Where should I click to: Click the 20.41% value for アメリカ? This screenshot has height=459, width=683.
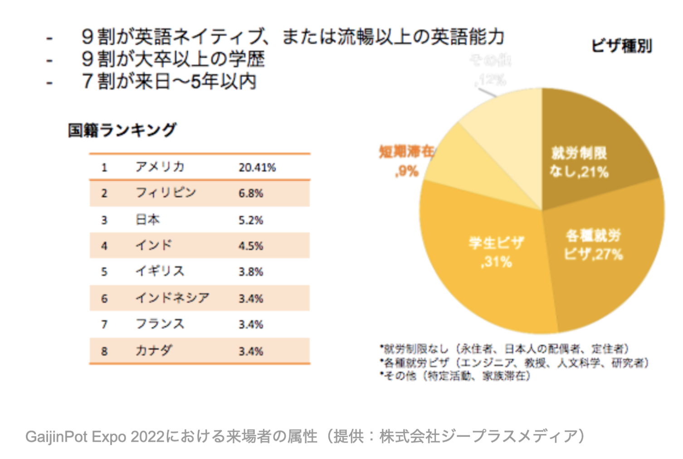coord(257,167)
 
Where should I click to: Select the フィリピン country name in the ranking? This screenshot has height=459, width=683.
coord(166,193)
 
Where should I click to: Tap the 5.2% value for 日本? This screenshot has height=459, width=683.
coord(251,220)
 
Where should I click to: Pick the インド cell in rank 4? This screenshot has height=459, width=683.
coord(154,245)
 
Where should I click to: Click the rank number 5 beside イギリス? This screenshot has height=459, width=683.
coord(104,272)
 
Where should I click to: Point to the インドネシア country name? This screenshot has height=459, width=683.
coord(172,298)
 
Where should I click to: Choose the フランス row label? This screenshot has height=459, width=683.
coord(160,324)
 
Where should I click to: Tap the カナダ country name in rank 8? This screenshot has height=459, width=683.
coord(154,351)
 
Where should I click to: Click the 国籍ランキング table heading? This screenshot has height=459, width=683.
coord(122,130)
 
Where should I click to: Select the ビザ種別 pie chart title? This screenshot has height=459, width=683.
coord(621,46)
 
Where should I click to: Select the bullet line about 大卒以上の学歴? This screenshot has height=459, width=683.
coord(173,59)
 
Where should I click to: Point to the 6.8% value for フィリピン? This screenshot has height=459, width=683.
coord(251,193)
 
